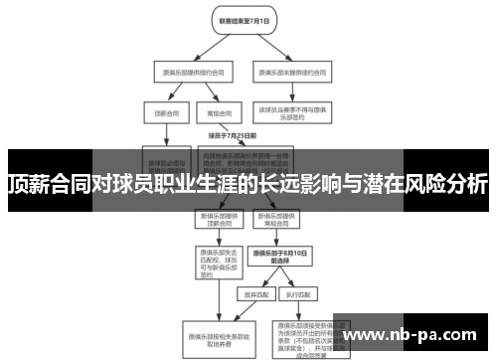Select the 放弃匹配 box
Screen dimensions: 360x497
(x=251, y=295)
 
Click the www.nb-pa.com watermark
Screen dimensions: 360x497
(x=427, y=334)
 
